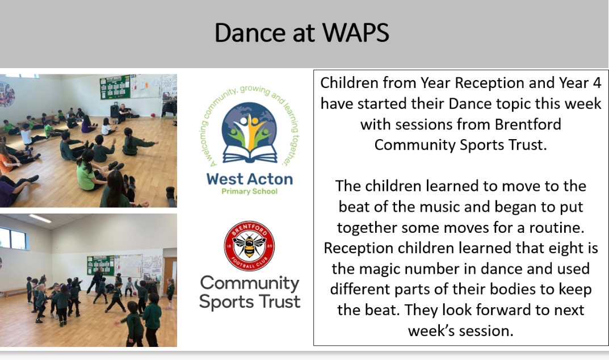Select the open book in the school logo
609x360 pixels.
(x=250, y=153)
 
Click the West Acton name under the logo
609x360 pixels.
(x=250, y=179)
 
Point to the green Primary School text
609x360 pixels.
(x=250, y=192)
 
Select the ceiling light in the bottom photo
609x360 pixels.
(x=40, y=219)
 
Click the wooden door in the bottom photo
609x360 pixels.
(x=170, y=273)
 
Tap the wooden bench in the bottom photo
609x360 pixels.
(x=14, y=292)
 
